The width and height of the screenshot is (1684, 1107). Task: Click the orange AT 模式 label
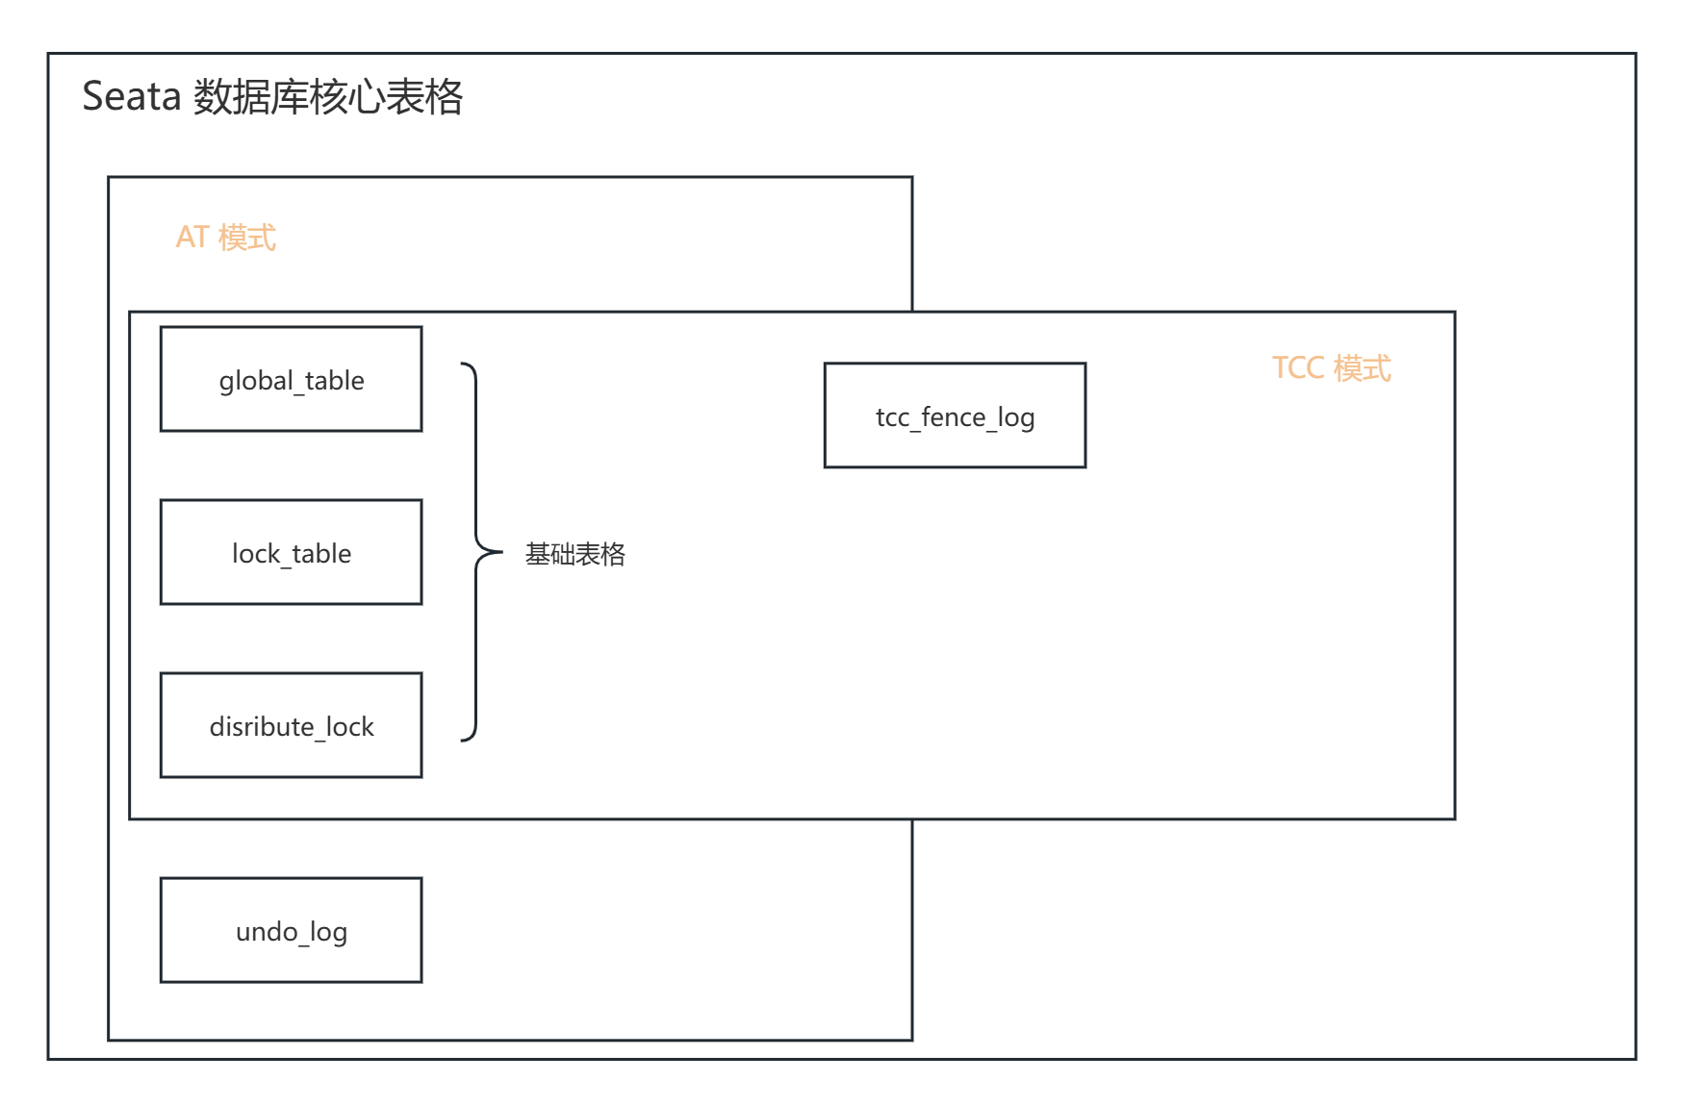click(x=226, y=237)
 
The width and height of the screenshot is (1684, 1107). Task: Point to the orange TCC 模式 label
click(x=1331, y=367)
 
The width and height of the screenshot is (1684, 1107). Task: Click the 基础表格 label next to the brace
click(x=574, y=554)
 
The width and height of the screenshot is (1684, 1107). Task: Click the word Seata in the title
click(x=132, y=97)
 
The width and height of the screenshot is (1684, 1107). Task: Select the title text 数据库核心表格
click(x=328, y=97)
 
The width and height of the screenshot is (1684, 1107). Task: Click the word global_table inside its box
click(x=292, y=381)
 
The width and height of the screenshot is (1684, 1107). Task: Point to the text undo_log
click(x=292, y=931)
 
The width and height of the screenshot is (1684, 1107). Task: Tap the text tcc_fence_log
click(x=955, y=417)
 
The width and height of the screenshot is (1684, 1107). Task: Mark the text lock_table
click(x=292, y=554)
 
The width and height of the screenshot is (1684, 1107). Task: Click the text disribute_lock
click(x=292, y=727)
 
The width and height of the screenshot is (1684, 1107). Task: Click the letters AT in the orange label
click(x=192, y=237)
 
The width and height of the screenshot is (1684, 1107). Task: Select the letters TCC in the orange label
click(x=1298, y=367)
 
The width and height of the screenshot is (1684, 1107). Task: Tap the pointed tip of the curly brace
click(x=499, y=553)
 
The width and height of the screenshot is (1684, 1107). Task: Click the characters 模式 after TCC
click(x=1363, y=367)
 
